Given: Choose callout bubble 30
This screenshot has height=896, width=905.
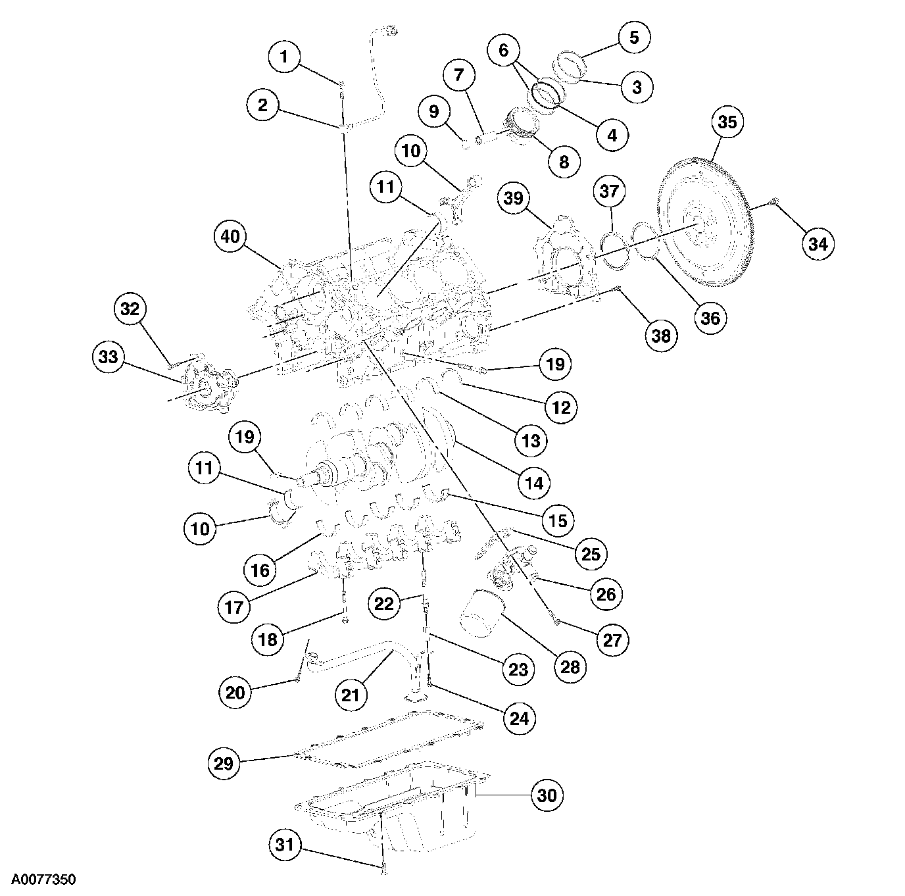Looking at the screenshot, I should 547,795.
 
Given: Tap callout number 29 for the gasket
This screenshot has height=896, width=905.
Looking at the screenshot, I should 224,763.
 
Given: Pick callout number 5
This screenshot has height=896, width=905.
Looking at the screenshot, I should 634,37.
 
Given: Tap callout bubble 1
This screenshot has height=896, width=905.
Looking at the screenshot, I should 284,57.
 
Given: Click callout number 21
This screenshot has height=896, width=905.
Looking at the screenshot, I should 351,693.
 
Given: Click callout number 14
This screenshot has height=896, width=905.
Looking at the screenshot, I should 533,482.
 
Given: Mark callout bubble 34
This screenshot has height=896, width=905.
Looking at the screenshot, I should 818,244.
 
